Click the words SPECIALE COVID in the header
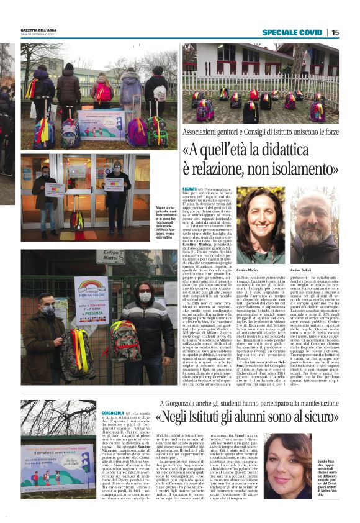click(292, 32)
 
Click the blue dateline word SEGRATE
click(190, 188)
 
